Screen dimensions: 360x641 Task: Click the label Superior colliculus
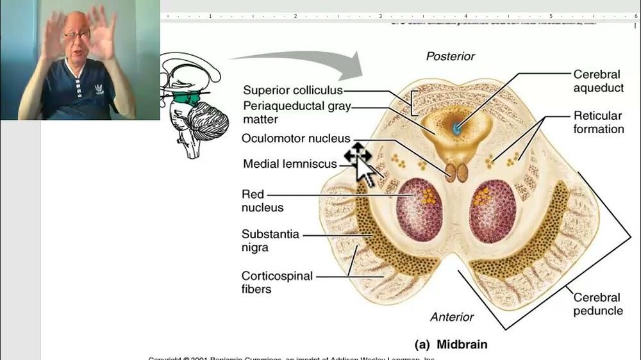(x=292, y=90)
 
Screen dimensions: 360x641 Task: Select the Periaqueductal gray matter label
(x=296, y=112)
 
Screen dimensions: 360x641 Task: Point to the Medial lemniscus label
(x=290, y=164)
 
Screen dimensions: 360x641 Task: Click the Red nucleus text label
(x=262, y=200)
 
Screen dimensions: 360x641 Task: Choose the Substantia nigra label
(x=270, y=240)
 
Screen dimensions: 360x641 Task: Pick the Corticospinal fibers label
(x=277, y=282)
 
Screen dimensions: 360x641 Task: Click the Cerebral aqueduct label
(x=598, y=81)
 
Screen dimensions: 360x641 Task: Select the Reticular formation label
(x=598, y=122)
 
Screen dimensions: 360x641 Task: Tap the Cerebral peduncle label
(x=597, y=304)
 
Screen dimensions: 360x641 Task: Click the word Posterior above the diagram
(x=451, y=56)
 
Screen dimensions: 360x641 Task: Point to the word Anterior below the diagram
(x=452, y=316)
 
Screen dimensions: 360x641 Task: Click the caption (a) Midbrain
(x=450, y=344)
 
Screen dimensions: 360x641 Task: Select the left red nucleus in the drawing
(x=420, y=209)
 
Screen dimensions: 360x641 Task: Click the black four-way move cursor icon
(x=356, y=154)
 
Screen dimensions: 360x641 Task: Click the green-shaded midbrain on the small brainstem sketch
(x=188, y=97)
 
